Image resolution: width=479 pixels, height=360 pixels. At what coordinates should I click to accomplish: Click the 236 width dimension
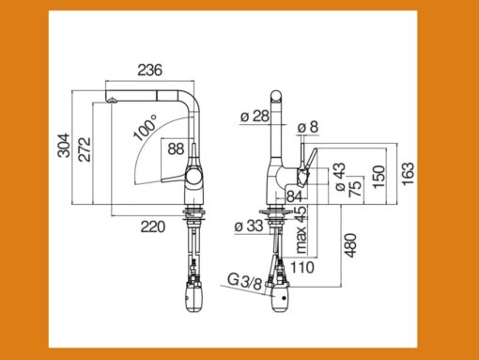(150, 70)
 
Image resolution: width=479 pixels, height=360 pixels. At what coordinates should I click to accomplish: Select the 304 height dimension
(64, 145)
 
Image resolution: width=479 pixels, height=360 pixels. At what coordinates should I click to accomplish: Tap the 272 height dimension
(85, 149)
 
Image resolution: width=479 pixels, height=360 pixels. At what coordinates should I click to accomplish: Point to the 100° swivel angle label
(145, 127)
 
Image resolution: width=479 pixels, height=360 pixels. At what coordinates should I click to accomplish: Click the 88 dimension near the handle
(176, 149)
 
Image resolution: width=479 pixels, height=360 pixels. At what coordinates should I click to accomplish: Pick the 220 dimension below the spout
(153, 227)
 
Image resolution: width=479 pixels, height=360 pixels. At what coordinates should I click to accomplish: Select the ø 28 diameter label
(255, 117)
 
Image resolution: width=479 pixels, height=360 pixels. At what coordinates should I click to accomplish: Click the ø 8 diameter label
(308, 127)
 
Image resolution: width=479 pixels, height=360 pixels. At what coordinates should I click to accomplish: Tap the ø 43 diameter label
(340, 177)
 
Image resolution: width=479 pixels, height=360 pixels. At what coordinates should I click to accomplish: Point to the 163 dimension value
(408, 174)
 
